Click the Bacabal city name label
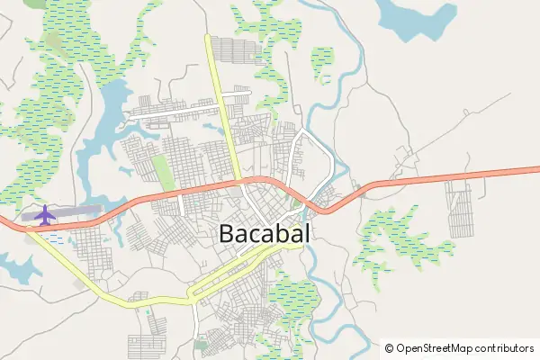pyautogui.click(x=265, y=234)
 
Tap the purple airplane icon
pyautogui.click(x=43, y=214)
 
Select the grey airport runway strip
pyautogui.click(x=76, y=211)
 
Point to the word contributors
pyautogui.click(x=506, y=348)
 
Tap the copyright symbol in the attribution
pyautogui.click(x=390, y=348)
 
